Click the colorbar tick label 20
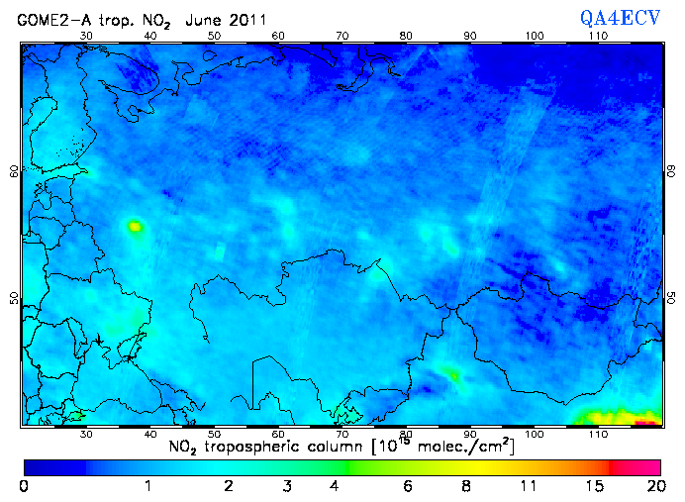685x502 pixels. point(652,486)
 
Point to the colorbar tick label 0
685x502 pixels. point(23,486)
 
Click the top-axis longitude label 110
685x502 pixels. point(598,36)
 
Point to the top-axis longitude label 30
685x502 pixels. point(86,36)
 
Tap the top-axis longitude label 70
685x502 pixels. point(342,36)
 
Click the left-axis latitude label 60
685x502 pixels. point(13,170)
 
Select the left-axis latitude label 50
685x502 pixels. point(13,298)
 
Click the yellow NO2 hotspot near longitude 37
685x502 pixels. point(135,227)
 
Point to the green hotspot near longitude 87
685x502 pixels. point(452,374)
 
